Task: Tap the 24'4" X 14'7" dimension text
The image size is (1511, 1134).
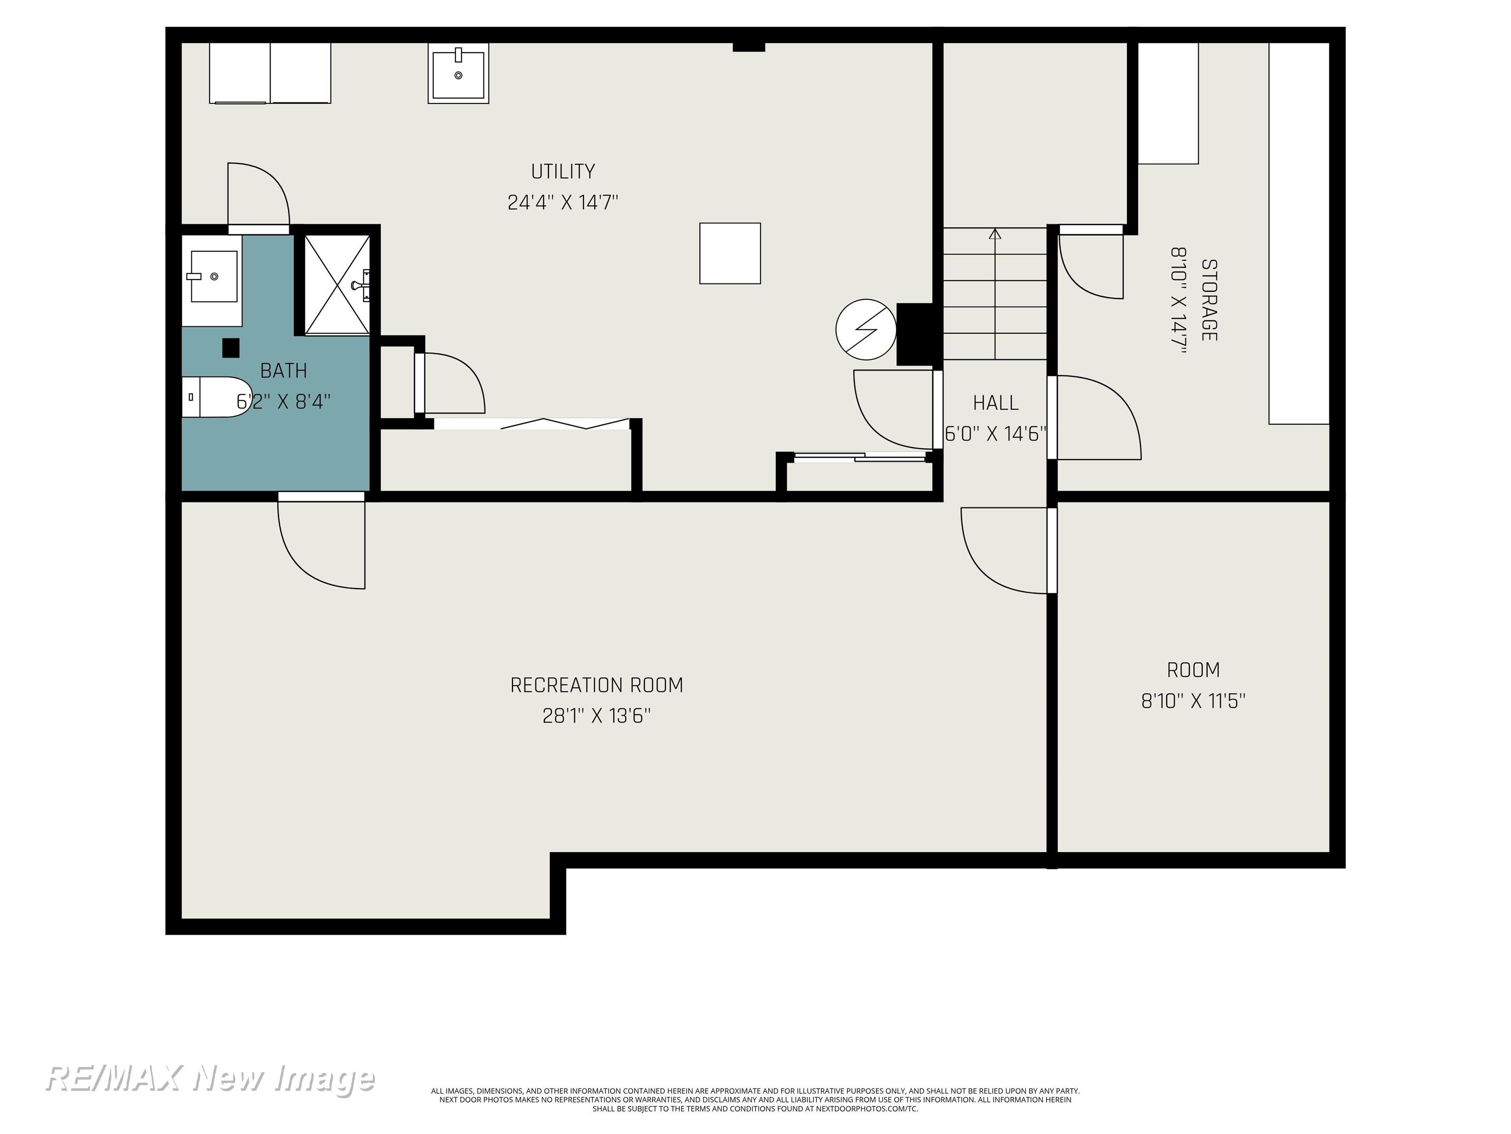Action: (x=563, y=202)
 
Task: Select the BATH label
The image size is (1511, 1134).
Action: (x=283, y=371)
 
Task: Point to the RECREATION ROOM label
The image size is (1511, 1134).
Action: (x=596, y=685)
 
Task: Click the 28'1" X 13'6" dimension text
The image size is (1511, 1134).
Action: (x=596, y=716)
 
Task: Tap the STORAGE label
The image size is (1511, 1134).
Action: (x=1209, y=300)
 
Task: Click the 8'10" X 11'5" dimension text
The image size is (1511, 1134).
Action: (x=1193, y=701)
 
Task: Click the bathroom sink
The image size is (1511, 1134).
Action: (x=213, y=276)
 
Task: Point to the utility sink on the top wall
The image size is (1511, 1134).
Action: (x=458, y=73)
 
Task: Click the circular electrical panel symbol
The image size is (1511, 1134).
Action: (x=866, y=329)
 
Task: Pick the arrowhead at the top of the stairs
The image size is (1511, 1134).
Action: (x=995, y=233)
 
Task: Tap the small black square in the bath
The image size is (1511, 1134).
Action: (x=231, y=348)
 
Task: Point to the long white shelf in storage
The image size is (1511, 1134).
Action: (x=1299, y=233)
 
